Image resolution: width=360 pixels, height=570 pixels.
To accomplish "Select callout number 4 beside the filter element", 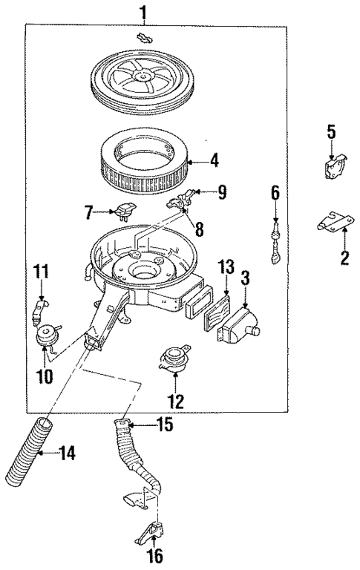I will click(214, 159).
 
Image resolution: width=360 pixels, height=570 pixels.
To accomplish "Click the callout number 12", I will click(176, 403).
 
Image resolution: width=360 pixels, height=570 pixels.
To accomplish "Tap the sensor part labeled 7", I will click(124, 212).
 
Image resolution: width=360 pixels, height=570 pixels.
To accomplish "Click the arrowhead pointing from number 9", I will click(194, 193).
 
